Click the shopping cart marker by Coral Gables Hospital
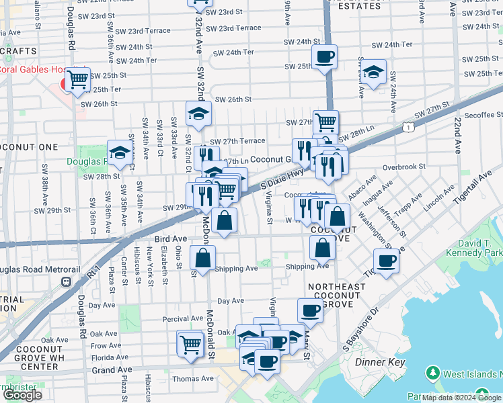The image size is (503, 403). [x=79, y=80]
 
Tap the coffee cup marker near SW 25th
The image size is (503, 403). [x=325, y=58]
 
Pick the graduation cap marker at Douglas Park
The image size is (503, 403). [x=120, y=152]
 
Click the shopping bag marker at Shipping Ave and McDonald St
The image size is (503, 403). [x=203, y=258]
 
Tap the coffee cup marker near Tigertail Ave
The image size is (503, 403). [x=386, y=261]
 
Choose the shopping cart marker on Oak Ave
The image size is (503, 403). [x=190, y=344]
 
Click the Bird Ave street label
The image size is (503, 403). [x=169, y=238]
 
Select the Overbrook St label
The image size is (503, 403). [x=404, y=166]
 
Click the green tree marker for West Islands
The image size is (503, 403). [x=434, y=373]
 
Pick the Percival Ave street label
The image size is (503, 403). [x=183, y=318]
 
